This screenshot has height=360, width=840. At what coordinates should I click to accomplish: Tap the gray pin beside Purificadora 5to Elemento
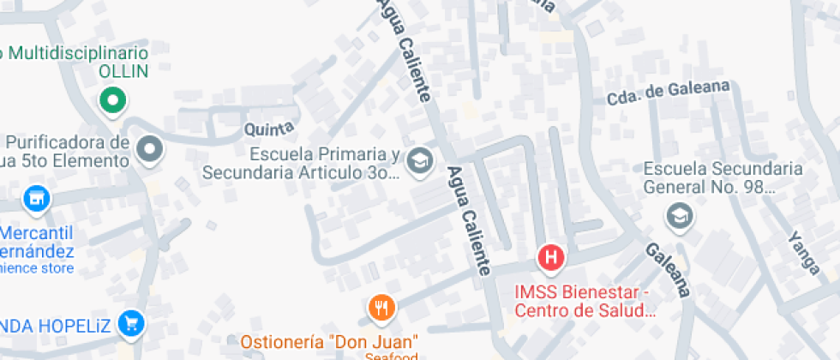pos(151,150)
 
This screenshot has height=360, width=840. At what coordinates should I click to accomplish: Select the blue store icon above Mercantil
pos(35,200)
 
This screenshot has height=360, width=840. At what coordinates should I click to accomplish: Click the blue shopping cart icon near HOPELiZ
pos(131,323)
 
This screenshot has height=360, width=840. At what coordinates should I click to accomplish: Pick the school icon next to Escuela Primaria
pos(419,160)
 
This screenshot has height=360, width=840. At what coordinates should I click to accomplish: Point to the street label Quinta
pos(269,129)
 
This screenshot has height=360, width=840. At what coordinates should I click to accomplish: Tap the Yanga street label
pos(804,252)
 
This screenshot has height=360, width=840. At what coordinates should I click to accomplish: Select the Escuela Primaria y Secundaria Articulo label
pos(301,164)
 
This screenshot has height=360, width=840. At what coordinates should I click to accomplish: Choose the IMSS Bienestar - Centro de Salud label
pos(582,301)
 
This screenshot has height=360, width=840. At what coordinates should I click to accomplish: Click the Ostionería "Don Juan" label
pos(329,341)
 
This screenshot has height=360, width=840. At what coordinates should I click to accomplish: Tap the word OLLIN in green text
pos(123,71)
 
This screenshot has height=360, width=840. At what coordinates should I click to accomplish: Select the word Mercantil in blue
pos(36,233)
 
